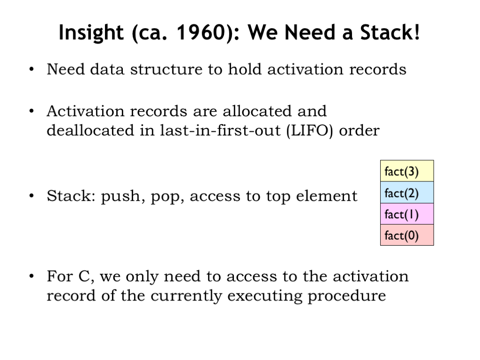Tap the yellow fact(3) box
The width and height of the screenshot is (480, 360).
click(x=407, y=171)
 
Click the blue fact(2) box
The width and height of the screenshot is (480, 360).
click(x=407, y=192)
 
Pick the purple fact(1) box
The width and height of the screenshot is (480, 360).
click(x=407, y=214)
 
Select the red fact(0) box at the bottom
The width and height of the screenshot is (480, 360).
click(x=407, y=235)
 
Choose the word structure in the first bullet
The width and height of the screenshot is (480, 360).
click(x=166, y=69)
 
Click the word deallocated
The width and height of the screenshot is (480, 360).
click(x=90, y=130)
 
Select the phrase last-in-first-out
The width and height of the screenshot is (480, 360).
click(x=220, y=130)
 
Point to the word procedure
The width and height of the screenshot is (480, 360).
click(x=346, y=297)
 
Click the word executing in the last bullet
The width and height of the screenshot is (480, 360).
click(x=264, y=297)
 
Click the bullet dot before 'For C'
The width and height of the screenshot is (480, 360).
click(x=31, y=277)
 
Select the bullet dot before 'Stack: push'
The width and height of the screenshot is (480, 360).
click(x=31, y=196)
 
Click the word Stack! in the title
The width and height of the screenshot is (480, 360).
click(x=390, y=32)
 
